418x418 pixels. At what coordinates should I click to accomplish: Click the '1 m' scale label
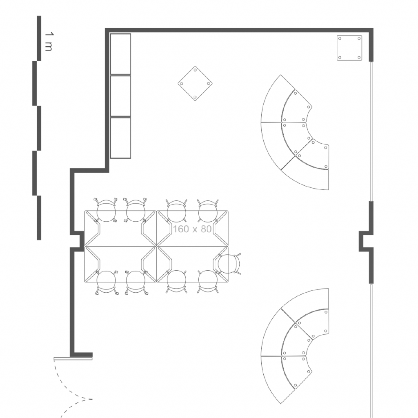click(48, 42)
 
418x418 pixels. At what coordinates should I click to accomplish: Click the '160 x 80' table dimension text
click(192, 229)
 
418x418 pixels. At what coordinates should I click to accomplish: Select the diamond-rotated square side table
click(195, 83)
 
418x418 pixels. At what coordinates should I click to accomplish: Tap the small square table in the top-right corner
click(349, 48)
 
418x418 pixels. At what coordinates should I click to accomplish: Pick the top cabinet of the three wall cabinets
click(120, 54)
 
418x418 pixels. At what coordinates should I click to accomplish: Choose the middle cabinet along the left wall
click(120, 96)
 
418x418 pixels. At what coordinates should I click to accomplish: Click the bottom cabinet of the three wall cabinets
click(120, 138)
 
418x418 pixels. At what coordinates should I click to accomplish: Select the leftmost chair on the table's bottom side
click(106, 282)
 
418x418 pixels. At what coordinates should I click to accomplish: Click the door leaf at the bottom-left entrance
click(73, 358)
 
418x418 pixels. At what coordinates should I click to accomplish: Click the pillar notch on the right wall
click(366, 241)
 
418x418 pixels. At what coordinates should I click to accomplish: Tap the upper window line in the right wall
click(371, 131)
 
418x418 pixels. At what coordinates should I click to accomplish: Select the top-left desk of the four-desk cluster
click(120, 229)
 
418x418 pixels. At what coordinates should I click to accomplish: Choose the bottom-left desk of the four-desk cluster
click(120, 264)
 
